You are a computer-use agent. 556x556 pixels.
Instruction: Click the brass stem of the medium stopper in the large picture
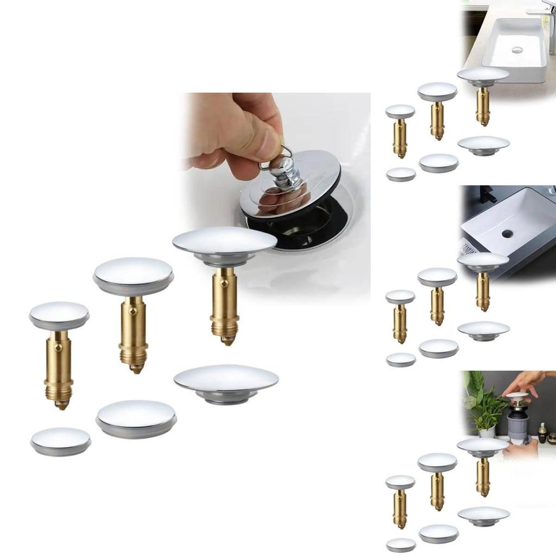tap(133, 331)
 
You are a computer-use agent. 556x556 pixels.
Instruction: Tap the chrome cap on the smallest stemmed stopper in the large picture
tap(59, 315)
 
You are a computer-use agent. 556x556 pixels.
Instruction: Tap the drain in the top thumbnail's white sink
tap(517, 49)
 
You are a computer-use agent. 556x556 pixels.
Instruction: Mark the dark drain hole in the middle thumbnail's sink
tap(507, 234)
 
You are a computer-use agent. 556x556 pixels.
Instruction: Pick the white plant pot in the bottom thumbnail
tap(486, 432)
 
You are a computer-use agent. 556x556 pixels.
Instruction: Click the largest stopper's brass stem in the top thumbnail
tap(483, 105)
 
